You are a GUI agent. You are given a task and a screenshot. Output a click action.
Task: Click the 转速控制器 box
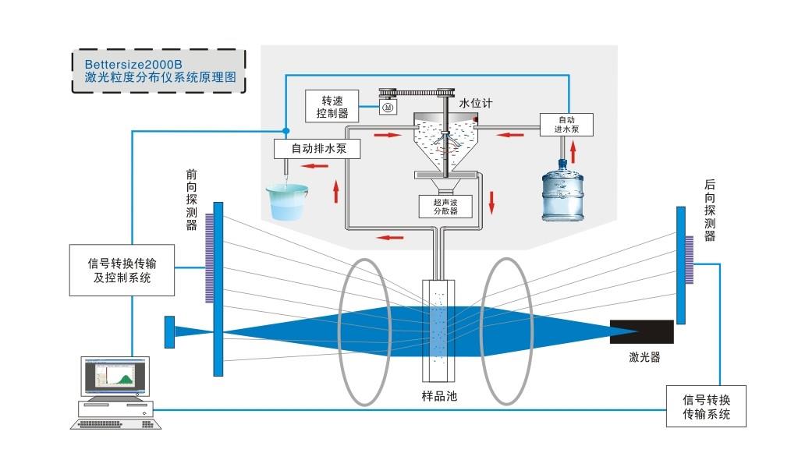point(332,106)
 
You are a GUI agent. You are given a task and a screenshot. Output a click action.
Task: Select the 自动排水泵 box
point(317,149)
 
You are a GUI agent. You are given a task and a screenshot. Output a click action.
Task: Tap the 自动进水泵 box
point(566,125)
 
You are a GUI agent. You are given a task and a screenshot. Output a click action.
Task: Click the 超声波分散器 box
point(445,207)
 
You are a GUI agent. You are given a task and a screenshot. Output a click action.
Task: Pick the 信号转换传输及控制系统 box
point(122,271)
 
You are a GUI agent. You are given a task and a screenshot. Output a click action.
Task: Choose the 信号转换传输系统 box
point(706,406)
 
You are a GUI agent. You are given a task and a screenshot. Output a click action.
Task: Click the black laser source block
point(642,332)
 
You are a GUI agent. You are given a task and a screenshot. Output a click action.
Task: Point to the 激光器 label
point(644,357)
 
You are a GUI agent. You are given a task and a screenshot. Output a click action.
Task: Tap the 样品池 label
point(439,396)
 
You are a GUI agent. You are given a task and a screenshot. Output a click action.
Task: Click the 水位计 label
point(476,103)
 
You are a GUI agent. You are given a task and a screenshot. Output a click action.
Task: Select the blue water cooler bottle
point(562,190)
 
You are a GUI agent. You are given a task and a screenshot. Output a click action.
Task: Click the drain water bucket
point(286,201)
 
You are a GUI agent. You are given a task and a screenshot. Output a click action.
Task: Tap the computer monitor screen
point(115,375)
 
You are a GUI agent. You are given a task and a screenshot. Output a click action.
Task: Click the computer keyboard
point(116,424)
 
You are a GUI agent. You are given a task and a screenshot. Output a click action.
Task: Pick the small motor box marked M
point(388,107)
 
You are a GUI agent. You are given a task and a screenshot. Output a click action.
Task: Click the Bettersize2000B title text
point(133,65)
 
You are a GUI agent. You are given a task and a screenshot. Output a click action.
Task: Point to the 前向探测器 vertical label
point(191,200)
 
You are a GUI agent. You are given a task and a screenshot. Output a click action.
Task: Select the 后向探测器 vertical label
point(709,210)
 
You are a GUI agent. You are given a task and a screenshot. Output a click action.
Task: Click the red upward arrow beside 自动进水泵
point(573,152)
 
